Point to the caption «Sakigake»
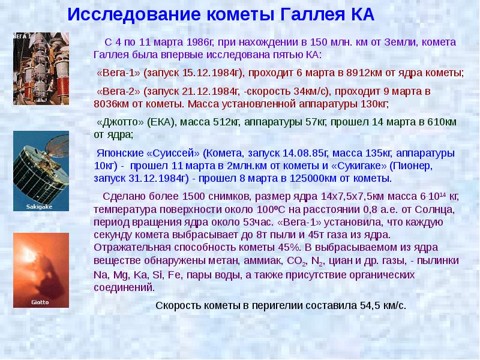click(32, 206)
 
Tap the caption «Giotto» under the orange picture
click(32, 302)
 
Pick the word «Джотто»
click(118, 122)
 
